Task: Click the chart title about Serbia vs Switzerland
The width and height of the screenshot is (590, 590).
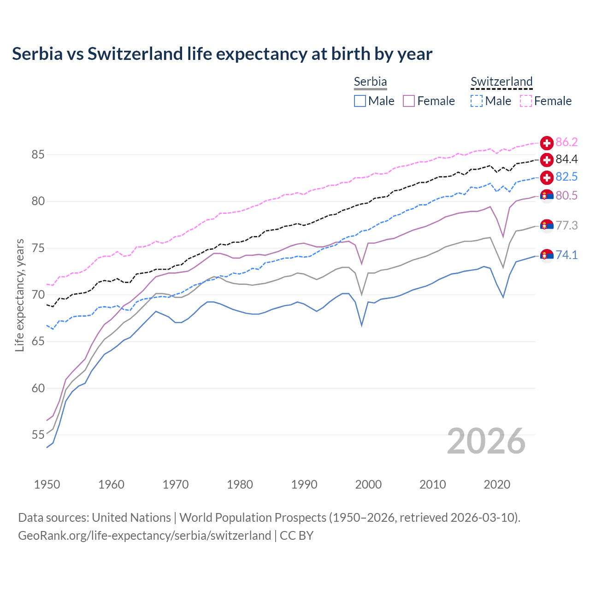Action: (222, 54)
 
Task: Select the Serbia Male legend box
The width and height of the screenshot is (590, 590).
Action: (360, 101)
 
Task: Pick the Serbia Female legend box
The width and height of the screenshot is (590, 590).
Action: (409, 101)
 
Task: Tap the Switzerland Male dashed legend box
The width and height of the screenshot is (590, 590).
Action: (477, 101)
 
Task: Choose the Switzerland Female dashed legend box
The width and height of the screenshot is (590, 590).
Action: (526, 101)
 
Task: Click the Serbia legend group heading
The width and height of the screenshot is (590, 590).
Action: (370, 82)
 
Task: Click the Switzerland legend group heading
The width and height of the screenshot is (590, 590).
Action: (501, 82)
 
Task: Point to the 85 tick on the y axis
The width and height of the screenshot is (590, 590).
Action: (38, 154)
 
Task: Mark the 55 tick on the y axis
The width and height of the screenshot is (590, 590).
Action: (38, 435)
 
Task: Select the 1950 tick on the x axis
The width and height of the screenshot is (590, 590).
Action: (47, 484)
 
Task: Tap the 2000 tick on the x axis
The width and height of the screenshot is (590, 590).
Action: (368, 484)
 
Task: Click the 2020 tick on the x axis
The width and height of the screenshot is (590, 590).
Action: (497, 484)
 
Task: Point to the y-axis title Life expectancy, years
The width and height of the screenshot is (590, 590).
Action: (20, 295)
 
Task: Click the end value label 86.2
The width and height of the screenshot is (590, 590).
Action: (566, 142)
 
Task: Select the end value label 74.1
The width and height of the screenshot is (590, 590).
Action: (566, 255)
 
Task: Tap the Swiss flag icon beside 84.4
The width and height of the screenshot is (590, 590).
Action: (547, 160)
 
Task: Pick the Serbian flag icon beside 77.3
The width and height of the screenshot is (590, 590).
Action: (547, 226)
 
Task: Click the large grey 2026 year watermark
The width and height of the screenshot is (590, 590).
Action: (486, 441)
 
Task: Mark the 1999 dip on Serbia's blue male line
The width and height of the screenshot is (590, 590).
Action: (362, 325)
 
